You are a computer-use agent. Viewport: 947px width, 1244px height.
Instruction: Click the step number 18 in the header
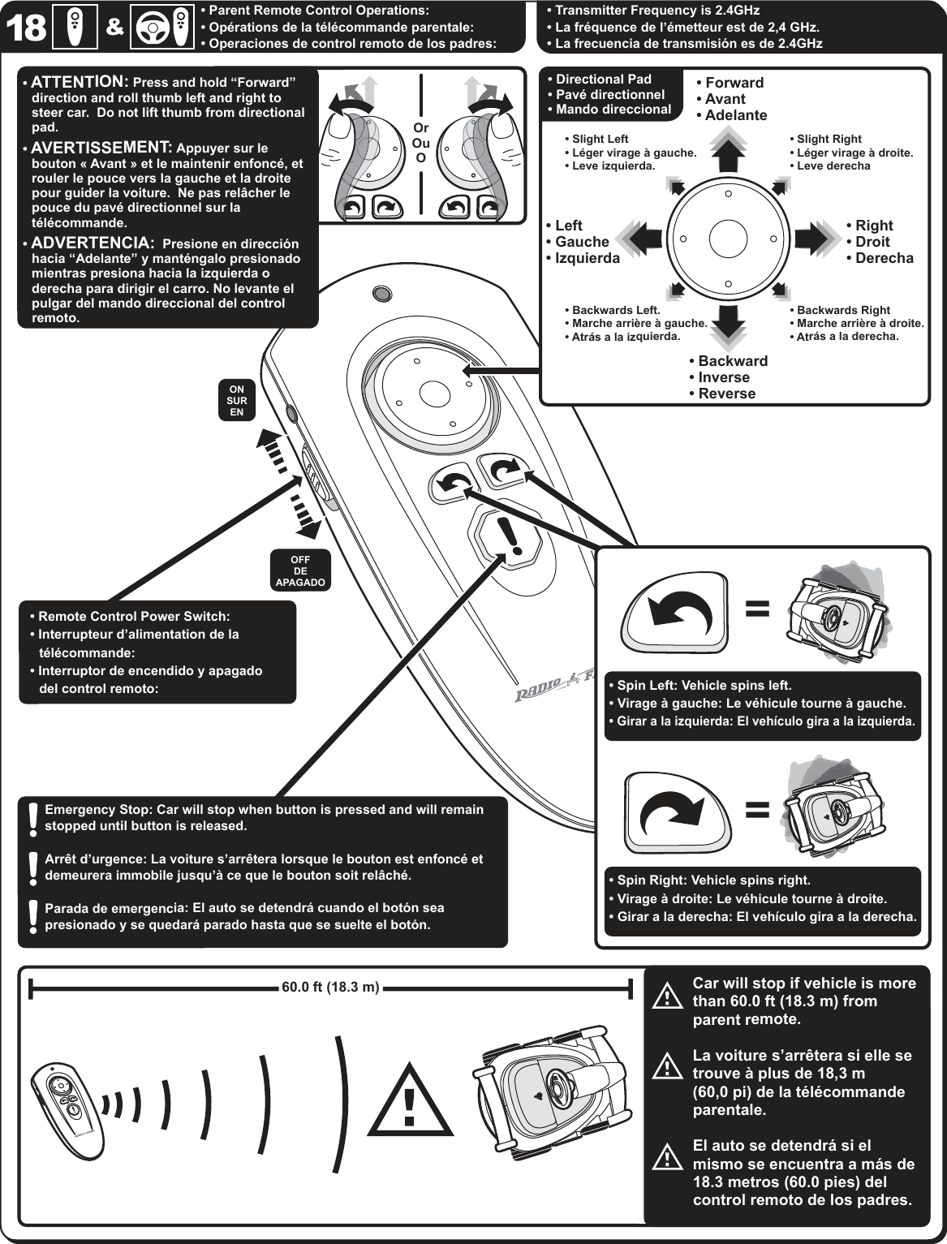click(27, 28)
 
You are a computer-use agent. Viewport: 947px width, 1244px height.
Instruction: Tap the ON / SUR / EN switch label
click(236, 400)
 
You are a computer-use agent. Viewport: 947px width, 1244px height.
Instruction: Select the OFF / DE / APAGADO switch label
click(300, 570)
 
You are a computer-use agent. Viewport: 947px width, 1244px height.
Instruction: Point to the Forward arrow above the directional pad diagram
click(729, 151)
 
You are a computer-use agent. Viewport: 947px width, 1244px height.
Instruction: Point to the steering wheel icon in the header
click(157, 28)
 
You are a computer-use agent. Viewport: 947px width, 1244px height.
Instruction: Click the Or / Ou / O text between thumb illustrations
click(420, 143)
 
